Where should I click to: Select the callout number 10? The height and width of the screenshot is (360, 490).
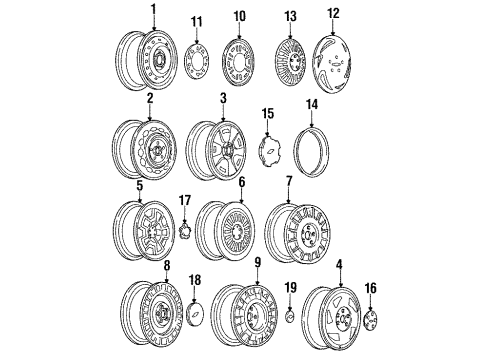[x=239, y=16]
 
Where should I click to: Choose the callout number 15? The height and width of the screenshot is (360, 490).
[x=267, y=114]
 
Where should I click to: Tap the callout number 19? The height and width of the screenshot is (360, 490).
[x=290, y=288]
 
